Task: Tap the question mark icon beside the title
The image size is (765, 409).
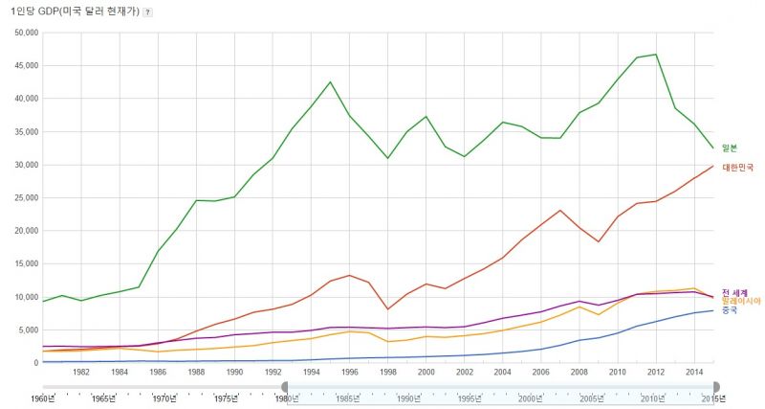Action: [x=146, y=11]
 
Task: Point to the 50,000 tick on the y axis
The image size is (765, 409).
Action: [x=24, y=33]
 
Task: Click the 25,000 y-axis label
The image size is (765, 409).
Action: [x=24, y=197]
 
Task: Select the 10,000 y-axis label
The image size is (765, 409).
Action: [x=24, y=297]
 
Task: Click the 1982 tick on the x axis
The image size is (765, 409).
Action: [x=81, y=373]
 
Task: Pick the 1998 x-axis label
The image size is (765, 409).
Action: [x=388, y=373]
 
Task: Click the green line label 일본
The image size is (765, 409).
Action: [x=730, y=148]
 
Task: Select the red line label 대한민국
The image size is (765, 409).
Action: [x=736, y=167]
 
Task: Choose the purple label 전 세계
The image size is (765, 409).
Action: [x=734, y=292]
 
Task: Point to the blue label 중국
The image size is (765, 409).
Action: [x=730, y=309]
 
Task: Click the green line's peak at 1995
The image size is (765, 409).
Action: [x=330, y=81]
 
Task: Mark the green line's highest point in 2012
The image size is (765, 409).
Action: [x=656, y=55]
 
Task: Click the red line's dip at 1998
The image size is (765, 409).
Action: [x=388, y=308]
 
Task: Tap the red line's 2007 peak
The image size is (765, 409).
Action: [x=560, y=210]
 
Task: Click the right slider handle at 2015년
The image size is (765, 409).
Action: [x=716, y=387]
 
